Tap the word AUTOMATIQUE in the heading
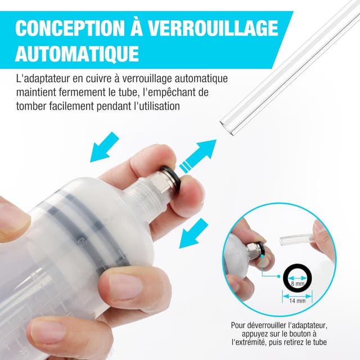point(76,53)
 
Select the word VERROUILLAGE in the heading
point(211,28)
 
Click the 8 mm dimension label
point(296,284)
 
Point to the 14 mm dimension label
point(297,301)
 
